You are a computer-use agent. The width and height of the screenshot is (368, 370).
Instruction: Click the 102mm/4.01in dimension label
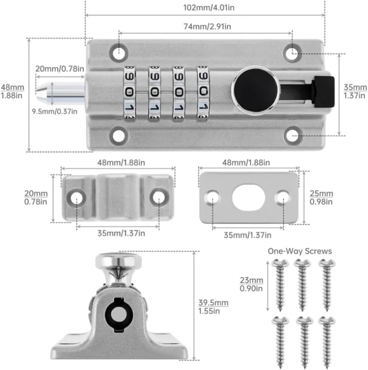click(205, 8)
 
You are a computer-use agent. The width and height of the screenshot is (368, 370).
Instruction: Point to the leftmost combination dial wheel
click(130, 93)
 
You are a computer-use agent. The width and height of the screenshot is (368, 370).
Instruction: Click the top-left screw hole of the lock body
click(118, 53)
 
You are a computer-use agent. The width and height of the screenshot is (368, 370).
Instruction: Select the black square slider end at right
click(323, 92)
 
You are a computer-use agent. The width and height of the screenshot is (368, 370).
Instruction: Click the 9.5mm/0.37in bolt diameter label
click(54, 111)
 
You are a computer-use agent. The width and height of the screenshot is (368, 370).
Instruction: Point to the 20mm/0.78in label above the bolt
click(60, 69)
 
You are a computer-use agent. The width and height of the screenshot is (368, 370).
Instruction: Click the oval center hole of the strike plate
click(248, 197)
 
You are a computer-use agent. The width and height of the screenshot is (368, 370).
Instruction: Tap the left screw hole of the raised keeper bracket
click(76, 197)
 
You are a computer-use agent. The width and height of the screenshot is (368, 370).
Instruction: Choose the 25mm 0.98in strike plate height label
click(321, 198)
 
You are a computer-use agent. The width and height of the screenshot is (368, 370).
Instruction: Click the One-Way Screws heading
click(300, 251)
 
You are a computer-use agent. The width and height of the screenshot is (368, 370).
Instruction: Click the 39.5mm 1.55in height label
click(213, 307)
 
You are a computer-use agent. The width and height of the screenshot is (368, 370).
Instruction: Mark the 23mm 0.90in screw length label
click(251, 284)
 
